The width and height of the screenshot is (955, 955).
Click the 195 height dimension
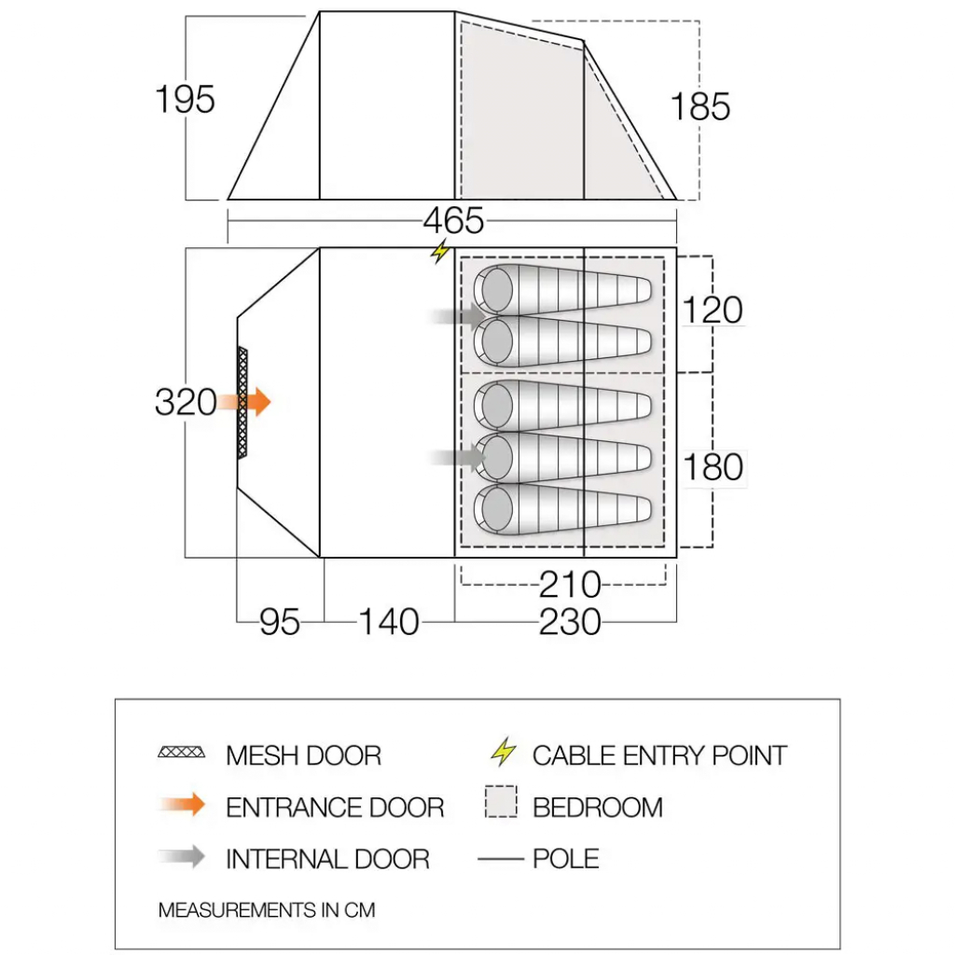[186, 99]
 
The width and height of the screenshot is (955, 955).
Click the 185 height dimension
[699, 106]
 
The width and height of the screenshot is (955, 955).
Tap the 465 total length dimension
[454, 220]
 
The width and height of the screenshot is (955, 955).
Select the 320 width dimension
[186, 402]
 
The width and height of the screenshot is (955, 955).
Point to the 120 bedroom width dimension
[713, 310]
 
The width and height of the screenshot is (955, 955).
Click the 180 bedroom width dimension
[713, 467]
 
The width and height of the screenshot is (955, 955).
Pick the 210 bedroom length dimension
[570, 585]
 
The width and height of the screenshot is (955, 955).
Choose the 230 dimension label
[570, 622]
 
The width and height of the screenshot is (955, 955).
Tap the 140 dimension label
[389, 622]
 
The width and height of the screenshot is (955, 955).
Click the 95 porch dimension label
[280, 622]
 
